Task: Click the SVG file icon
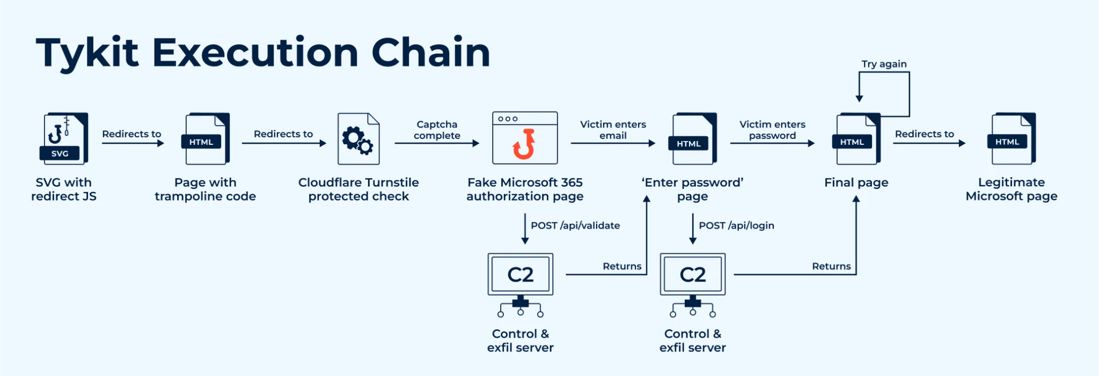64,138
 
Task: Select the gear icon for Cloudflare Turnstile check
358,139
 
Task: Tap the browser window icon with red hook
525,138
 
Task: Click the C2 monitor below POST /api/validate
521,275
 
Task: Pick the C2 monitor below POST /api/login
693,275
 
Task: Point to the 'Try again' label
884,64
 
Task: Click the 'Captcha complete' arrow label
437,130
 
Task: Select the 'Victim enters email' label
613,130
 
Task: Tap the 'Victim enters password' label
772,130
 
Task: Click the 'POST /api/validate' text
575,226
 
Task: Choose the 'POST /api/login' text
736,226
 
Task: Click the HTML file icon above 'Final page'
857,139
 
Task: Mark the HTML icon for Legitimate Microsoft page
1012,139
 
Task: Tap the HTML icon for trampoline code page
206,139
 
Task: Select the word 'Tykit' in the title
87,53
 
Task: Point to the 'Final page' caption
856,183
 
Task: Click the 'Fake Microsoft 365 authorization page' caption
525,189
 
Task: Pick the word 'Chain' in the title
430,53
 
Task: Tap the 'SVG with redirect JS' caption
64,189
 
